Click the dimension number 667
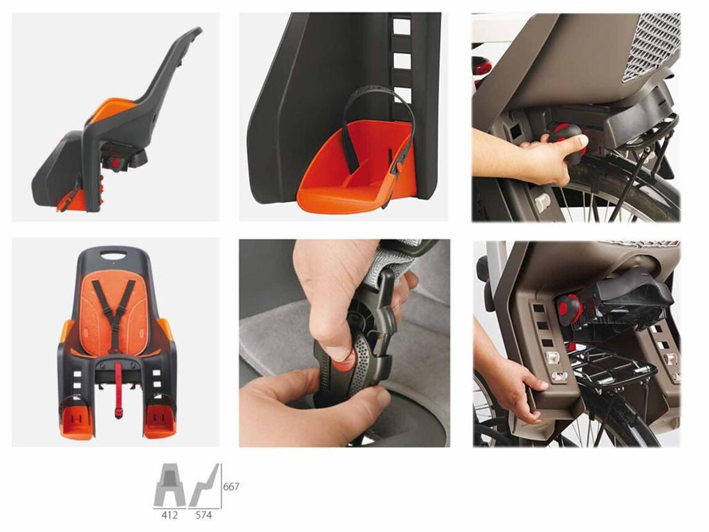231,487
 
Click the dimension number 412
170,515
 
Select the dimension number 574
204,515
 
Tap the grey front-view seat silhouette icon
170,485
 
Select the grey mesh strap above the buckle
389,262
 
